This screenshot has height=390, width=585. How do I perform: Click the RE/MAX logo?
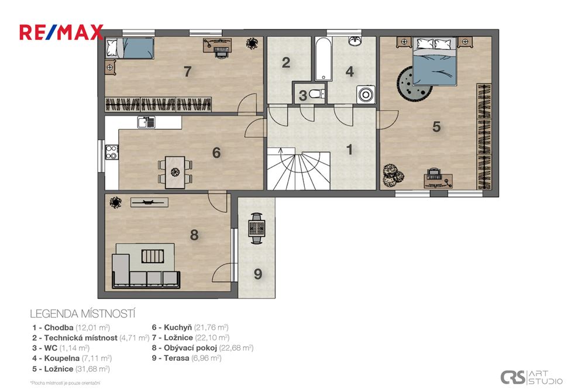[61, 32]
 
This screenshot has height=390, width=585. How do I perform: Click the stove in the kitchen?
[111, 153]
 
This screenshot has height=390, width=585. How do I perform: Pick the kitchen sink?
[146, 123]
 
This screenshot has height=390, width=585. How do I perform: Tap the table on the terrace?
[256, 225]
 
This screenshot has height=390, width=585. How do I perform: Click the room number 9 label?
[257, 273]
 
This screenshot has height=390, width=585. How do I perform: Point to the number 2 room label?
[286, 63]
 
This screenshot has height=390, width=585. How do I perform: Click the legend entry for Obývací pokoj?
[202, 348]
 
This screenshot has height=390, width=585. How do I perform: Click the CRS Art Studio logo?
[531, 377]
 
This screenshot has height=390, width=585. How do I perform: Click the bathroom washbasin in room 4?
[355, 41]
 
